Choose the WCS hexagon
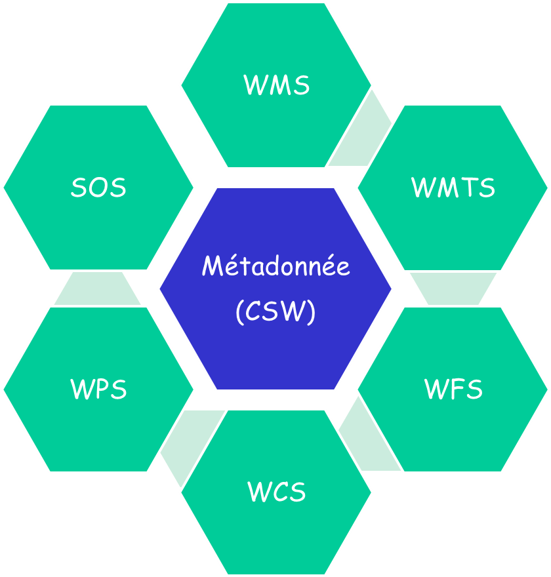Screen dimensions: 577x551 (x=276, y=531)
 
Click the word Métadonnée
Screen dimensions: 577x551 (x=275, y=267)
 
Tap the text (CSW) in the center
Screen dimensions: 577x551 (x=275, y=311)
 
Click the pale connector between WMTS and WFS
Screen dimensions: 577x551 (x=453, y=288)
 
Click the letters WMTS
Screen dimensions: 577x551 (x=453, y=188)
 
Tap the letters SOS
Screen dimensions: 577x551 (x=98, y=188)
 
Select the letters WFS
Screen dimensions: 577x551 (x=453, y=389)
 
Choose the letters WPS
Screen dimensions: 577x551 (x=98, y=389)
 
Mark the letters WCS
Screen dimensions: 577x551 (x=277, y=492)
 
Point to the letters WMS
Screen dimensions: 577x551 (x=276, y=85)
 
